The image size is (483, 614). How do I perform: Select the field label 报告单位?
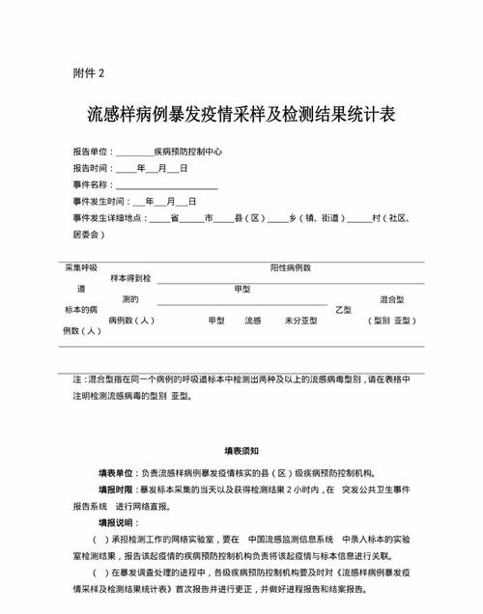click(x=91, y=152)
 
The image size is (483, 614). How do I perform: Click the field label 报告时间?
click(x=91, y=168)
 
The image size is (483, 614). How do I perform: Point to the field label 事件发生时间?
click(x=99, y=201)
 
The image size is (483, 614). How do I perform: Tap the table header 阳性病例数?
click(x=290, y=267)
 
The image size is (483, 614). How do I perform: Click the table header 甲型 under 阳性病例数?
click(x=241, y=289)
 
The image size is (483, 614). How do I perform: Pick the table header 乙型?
click(x=343, y=310)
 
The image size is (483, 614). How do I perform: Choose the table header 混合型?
click(x=391, y=299)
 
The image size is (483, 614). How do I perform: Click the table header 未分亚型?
click(x=301, y=321)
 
